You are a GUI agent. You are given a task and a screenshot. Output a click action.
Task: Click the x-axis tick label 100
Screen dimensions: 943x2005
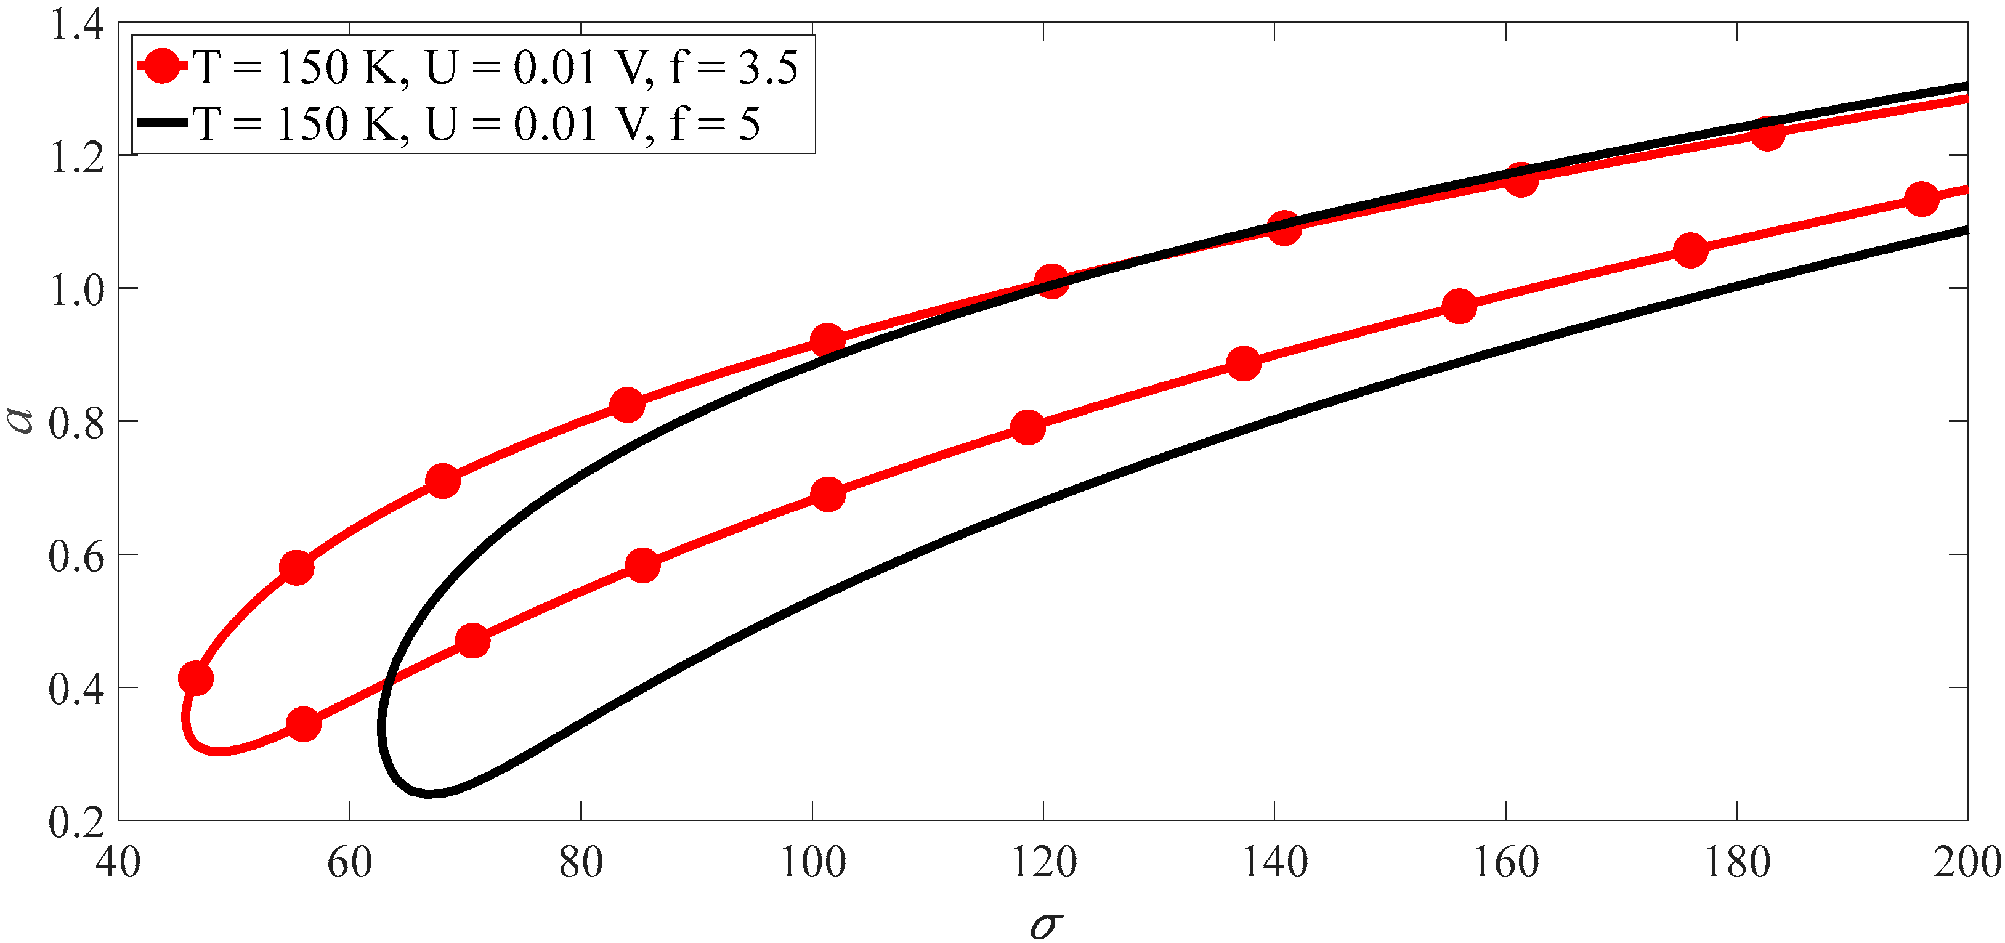(812, 863)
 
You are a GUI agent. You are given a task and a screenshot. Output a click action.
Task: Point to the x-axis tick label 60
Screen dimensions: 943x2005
(349, 863)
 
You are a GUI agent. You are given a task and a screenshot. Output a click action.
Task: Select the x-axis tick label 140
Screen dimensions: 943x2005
(1274, 863)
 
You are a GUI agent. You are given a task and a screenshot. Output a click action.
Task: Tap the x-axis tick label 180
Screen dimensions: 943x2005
(1737, 863)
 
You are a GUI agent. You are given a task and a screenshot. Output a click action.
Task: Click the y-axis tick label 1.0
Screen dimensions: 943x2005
(76, 290)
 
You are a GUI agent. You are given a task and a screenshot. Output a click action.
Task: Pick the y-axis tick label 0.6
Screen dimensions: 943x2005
(76, 556)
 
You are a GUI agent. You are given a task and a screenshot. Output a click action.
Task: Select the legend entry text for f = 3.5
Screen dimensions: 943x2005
(496, 67)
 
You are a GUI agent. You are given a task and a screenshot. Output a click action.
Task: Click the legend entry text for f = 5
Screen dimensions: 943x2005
(476, 124)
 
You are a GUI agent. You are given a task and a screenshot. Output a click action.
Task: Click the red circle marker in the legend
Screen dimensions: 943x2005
(162, 65)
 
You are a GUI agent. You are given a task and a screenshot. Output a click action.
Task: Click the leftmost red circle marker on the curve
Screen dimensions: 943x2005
(195, 679)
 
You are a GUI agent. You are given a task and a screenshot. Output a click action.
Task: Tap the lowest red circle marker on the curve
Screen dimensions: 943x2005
(304, 724)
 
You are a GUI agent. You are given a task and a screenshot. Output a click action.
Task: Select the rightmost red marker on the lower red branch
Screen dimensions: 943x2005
(1922, 198)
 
